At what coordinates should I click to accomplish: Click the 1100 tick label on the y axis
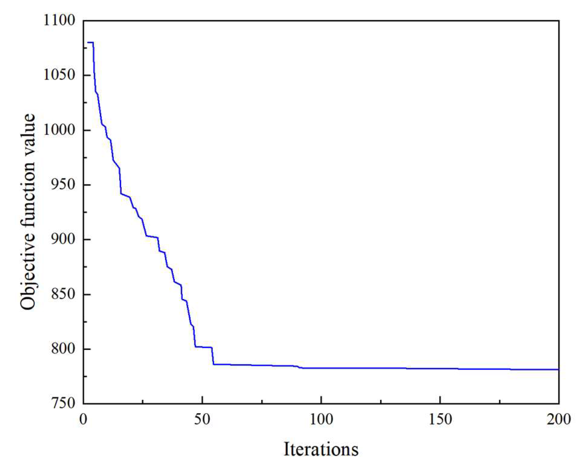coord(59,21)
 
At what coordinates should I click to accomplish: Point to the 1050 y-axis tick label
coord(59,75)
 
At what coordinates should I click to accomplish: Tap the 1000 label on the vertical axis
coord(59,130)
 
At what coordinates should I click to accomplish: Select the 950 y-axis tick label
coord(63,185)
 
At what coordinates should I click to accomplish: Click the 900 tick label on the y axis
coord(63,240)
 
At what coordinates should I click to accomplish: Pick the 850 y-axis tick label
coord(63,294)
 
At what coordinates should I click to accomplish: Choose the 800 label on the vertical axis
coord(63,349)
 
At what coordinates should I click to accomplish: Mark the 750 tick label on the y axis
coord(63,403)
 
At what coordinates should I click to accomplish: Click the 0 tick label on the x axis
coord(84,420)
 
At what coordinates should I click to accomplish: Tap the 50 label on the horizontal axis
coord(202,420)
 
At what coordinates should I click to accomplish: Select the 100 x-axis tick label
coord(321,420)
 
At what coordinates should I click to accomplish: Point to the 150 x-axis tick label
coord(440,420)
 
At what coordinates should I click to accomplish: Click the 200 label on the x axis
coord(558,420)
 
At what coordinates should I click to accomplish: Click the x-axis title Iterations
coord(321,449)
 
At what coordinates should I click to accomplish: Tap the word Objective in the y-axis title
coord(28,276)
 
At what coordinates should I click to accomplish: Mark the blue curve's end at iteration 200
coord(558,369)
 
